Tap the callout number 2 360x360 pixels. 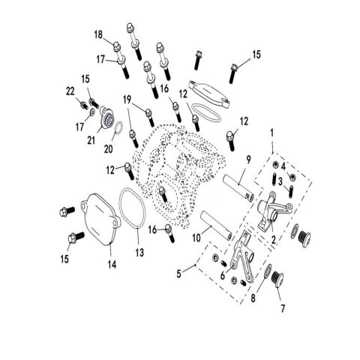coord(273,240)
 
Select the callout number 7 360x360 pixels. coord(282,308)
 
